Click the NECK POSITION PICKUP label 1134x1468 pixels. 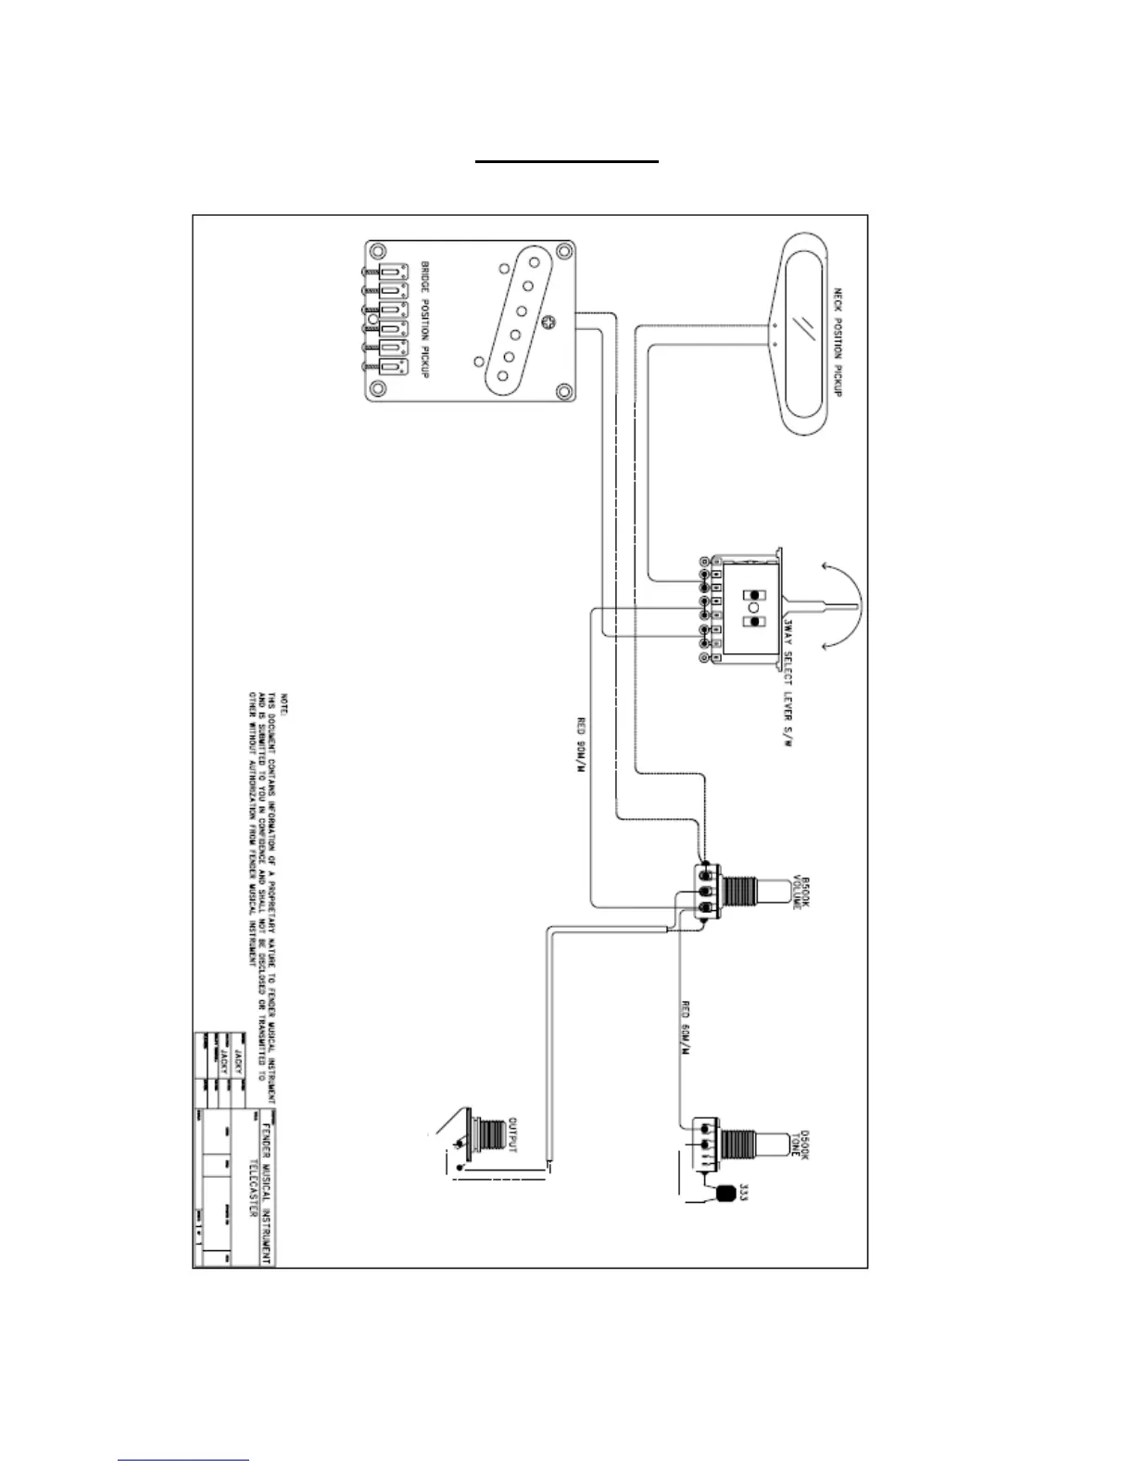point(837,342)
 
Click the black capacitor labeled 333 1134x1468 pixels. point(725,1195)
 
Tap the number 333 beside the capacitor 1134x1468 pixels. point(743,1195)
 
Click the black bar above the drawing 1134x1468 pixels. point(567,160)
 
